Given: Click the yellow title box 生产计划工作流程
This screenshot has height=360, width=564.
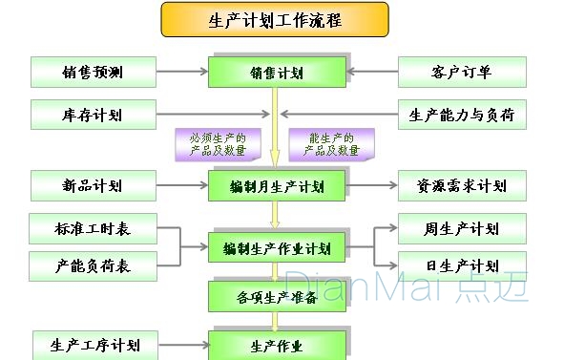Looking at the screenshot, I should click(275, 19).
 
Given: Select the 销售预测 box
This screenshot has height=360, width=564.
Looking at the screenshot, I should click(93, 72).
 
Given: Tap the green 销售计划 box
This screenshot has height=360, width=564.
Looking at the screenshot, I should click(276, 73).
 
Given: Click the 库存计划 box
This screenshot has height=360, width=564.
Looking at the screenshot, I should click(93, 116).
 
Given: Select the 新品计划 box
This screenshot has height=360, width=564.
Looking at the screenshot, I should click(93, 185).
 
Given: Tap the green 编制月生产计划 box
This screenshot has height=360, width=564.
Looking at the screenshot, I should click(276, 185).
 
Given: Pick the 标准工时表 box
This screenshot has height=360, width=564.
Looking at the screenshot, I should click(93, 229).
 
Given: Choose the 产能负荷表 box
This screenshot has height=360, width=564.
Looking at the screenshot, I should click(93, 265).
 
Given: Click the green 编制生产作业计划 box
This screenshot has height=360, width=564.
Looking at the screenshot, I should click(276, 249).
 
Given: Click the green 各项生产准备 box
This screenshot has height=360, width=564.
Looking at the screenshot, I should click(276, 296).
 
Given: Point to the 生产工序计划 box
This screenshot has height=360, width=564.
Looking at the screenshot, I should click(93, 344).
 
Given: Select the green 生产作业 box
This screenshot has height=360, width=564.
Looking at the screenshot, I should click(276, 344).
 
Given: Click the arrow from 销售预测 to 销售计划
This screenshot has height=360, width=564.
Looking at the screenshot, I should click(181, 72).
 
